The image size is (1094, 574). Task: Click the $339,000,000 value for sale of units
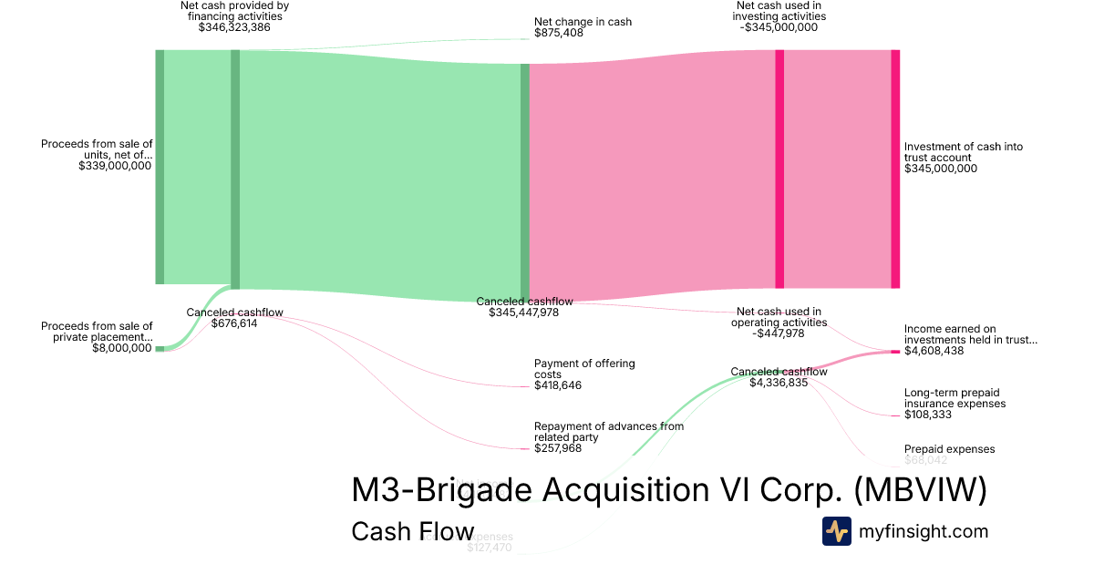[115, 167]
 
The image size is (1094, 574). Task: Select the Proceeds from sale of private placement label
[98, 332]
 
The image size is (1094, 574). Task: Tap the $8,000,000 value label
[122, 347]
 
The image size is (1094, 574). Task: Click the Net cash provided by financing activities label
[234, 11]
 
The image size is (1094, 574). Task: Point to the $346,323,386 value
[234, 27]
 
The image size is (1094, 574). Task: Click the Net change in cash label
[583, 22]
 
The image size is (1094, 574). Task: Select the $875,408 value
[558, 34]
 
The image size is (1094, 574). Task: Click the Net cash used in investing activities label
[779, 11]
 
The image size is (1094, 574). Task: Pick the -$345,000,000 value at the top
[779, 27]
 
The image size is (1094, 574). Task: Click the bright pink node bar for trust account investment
[895, 169]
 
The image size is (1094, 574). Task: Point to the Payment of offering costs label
[584, 369]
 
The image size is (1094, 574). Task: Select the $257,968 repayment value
[558, 448]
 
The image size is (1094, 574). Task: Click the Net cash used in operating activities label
[779, 316]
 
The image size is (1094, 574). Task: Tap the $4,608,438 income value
[934, 351]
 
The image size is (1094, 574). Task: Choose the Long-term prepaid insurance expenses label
[955, 398]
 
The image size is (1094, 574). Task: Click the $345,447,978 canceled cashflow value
[524, 313]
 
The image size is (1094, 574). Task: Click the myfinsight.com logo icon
[836, 531]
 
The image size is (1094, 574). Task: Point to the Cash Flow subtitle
[412, 531]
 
